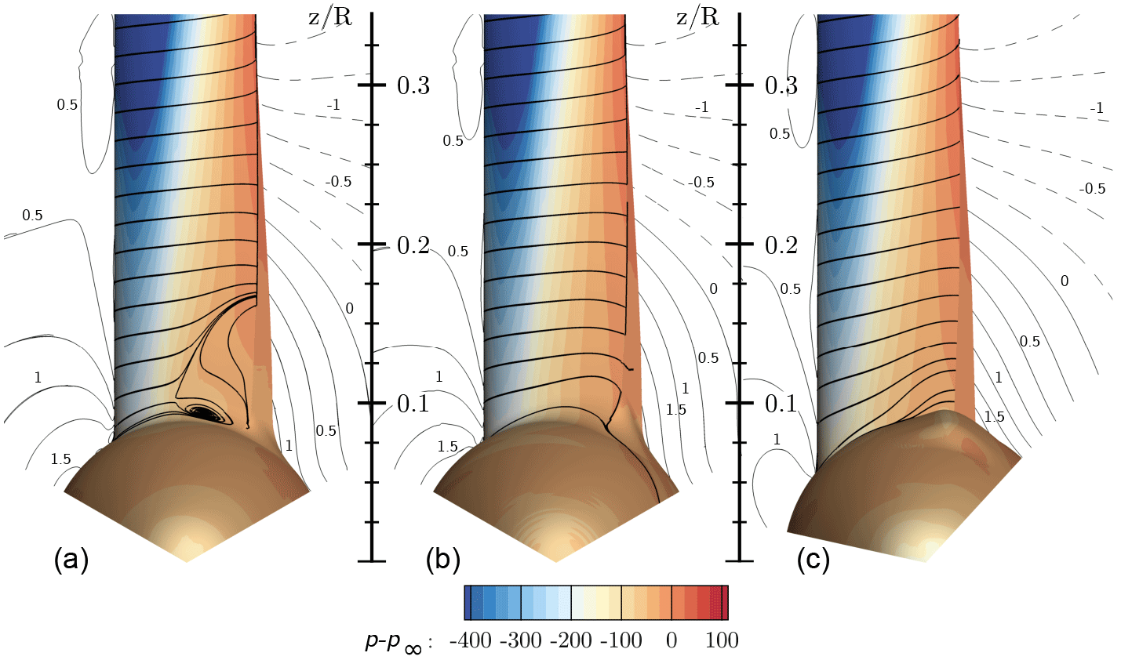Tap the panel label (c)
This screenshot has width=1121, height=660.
point(813,561)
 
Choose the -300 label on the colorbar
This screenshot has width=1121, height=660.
point(519,640)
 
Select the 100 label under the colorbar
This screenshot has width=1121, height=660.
point(722,640)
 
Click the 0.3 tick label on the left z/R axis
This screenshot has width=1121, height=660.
point(413,85)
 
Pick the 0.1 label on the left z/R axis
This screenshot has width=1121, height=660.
point(413,404)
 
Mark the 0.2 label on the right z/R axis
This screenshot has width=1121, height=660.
point(781,245)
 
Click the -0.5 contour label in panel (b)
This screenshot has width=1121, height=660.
point(701,182)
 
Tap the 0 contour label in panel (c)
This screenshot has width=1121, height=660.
point(1064,281)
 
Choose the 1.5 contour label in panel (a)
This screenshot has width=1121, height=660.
point(60,459)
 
